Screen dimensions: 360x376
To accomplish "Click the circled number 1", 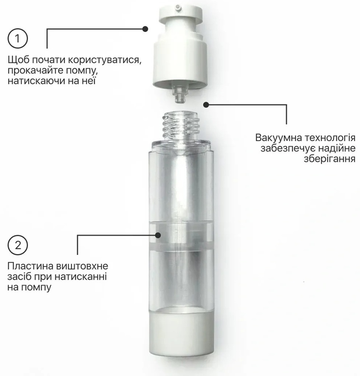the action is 18,38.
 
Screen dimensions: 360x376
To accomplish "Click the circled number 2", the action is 18,245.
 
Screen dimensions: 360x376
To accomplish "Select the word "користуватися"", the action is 104,60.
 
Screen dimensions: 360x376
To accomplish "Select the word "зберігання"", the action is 330,159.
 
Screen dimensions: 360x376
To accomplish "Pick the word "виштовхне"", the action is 82,266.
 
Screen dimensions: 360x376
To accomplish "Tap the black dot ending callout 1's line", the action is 145,29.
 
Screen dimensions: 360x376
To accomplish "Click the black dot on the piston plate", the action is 158,235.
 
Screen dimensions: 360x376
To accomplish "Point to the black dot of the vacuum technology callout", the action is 206,105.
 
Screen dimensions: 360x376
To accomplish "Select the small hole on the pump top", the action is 178,6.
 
